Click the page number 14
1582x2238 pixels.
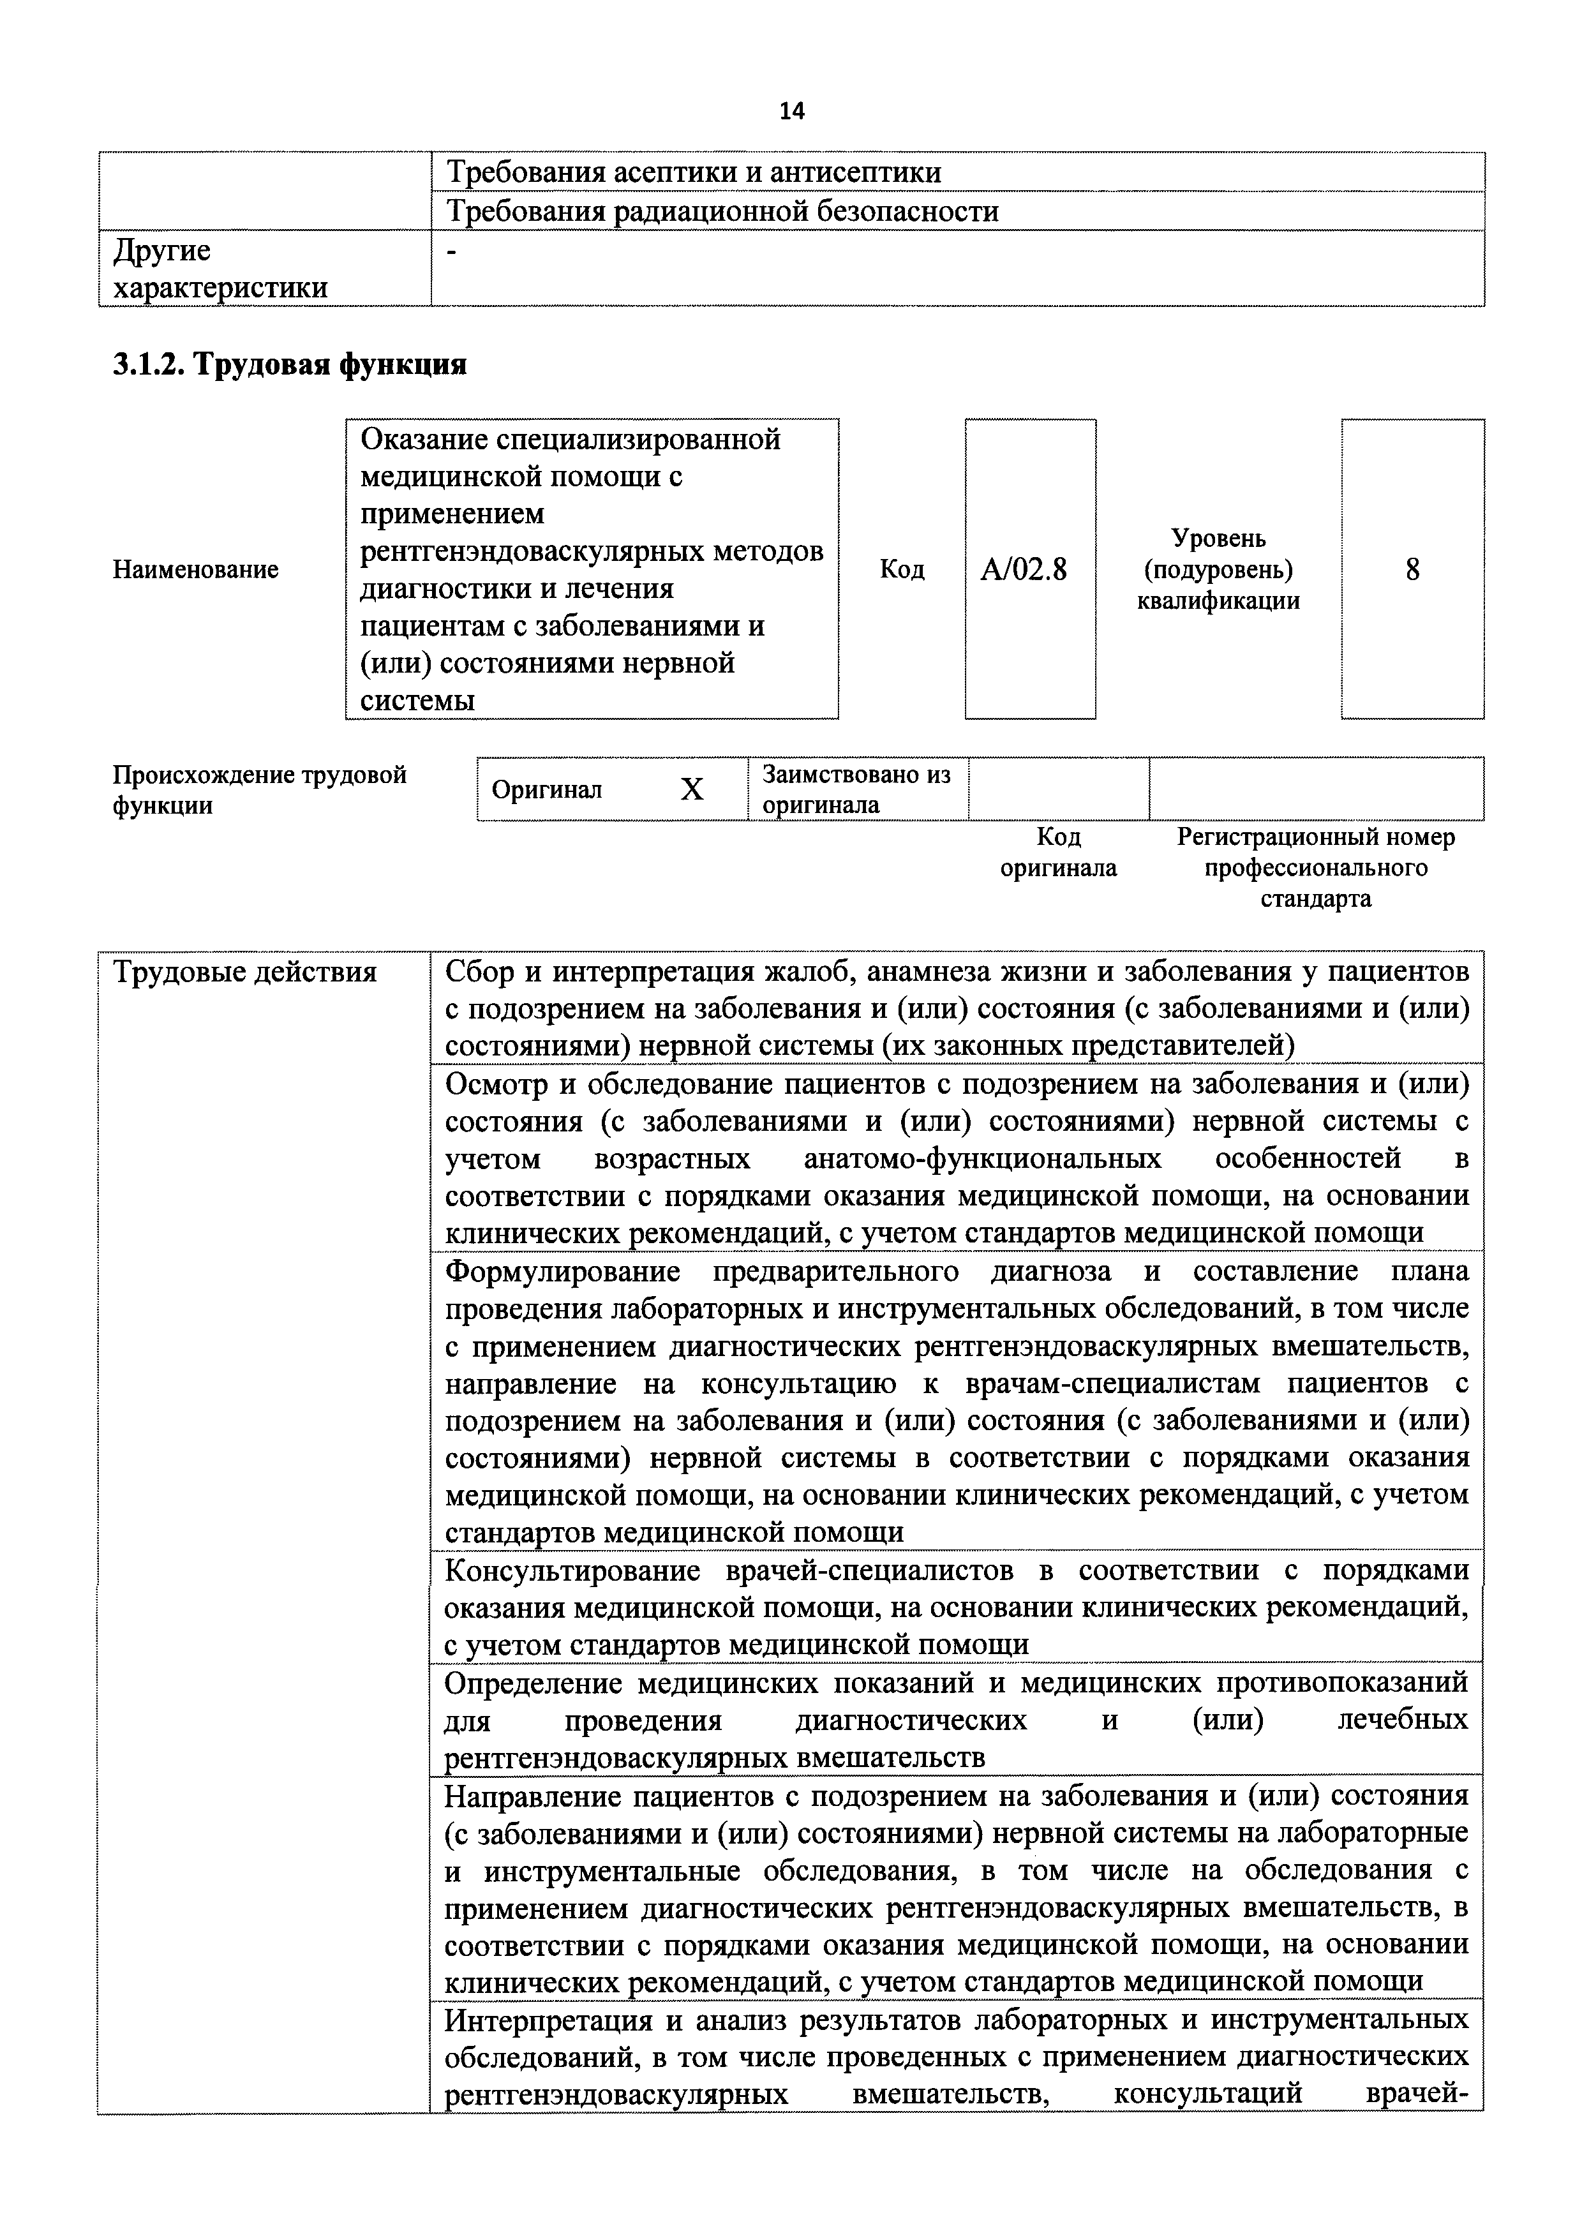(x=791, y=111)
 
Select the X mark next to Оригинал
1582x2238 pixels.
(x=691, y=789)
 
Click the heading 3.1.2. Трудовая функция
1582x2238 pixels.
(x=290, y=364)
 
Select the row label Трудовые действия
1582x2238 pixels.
(x=244, y=972)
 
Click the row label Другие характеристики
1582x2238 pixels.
(x=220, y=269)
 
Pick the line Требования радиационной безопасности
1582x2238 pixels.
(x=722, y=211)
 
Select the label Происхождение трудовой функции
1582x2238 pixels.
(x=259, y=789)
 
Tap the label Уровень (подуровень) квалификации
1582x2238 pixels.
(x=1218, y=569)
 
